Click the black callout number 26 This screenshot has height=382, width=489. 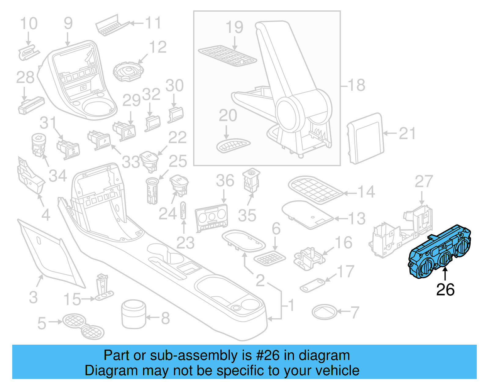(445, 290)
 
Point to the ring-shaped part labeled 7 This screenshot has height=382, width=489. (324, 312)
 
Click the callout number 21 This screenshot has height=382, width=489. (407, 134)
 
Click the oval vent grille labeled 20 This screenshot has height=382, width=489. (233, 145)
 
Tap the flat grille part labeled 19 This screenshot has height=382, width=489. (227, 56)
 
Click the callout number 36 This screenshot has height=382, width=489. (225, 181)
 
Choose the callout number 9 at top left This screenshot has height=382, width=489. (68, 23)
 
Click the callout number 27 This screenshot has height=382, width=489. (424, 182)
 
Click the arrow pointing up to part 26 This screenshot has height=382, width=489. (445, 273)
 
